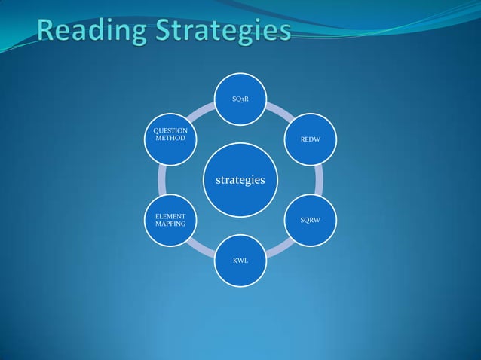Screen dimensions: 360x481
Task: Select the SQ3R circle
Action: [240, 98]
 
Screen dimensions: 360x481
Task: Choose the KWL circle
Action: [240, 261]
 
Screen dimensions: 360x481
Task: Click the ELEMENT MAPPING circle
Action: [170, 220]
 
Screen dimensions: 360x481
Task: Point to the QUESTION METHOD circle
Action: [170, 139]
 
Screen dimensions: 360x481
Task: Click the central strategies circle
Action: [240, 179]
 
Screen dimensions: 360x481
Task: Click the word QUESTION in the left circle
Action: [170, 131]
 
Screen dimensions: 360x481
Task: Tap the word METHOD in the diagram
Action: [170, 139]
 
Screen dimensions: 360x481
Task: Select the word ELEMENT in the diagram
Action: [170, 216]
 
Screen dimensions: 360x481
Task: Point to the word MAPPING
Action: [170, 224]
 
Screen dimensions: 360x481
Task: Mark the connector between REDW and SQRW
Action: [319, 179]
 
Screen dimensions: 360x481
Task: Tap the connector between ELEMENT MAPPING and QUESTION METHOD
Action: [162, 179]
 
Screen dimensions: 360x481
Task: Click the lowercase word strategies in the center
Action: [240, 180]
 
